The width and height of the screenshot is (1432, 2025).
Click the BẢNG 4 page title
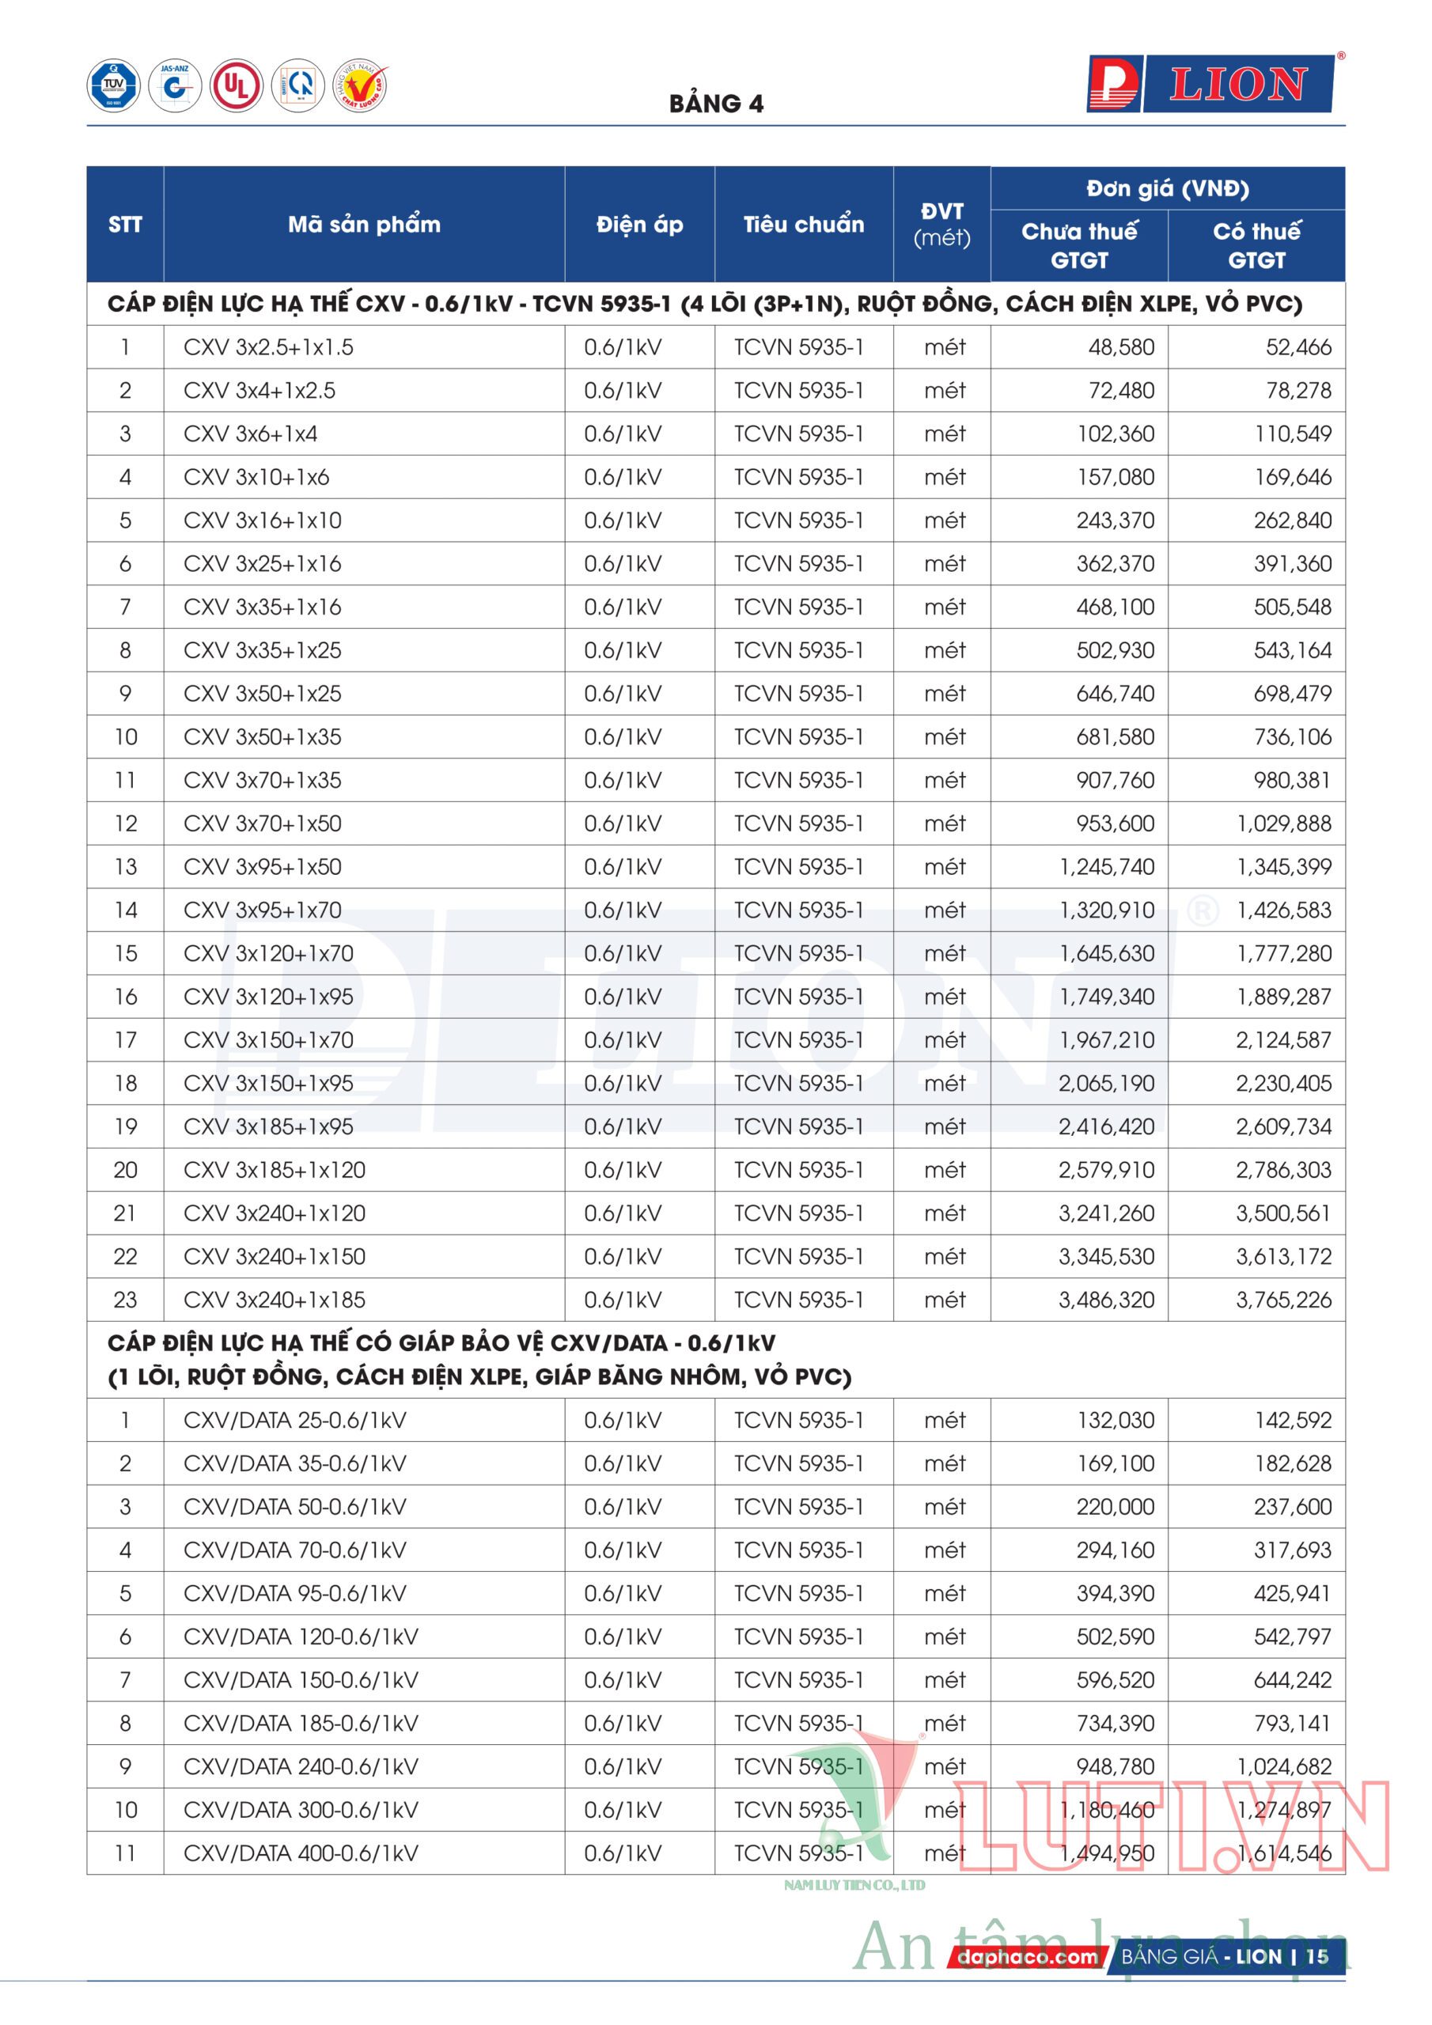point(715,104)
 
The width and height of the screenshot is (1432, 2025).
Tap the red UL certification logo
point(236,85)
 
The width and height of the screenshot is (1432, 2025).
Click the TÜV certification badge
point(113,85)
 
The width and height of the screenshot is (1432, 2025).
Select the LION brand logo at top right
point(1210,85)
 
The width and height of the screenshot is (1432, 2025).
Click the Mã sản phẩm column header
point(363,224)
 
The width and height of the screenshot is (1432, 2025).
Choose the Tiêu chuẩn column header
point(803,224)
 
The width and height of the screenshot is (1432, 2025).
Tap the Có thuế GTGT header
point(1256,245)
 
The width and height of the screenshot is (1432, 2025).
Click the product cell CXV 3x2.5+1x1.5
point(268,347)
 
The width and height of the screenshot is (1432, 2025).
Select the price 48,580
point(1120,347)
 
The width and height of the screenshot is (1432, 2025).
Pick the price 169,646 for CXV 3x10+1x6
point(1293,477)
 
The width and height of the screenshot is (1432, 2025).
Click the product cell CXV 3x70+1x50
point(262,823)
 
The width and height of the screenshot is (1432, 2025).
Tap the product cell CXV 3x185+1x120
point(275,1171)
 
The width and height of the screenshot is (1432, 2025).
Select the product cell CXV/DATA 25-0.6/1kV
point(294,1421)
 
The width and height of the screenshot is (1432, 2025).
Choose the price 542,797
point(1293,1637)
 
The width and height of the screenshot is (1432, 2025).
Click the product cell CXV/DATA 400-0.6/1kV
point(301,1854)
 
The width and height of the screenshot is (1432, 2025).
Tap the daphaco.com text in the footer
point(1027,1957)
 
